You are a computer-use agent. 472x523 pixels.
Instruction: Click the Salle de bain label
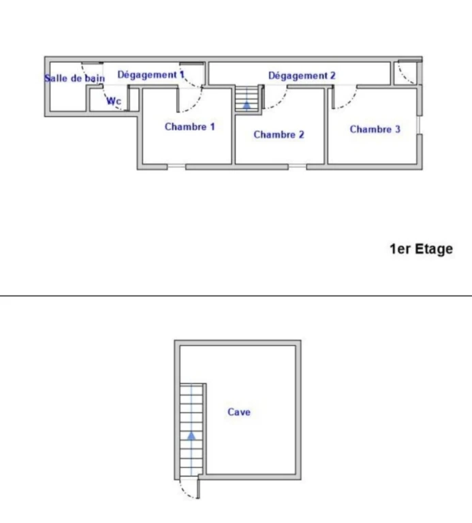click(75, 78)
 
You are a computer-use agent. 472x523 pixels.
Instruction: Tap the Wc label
click(114, 101)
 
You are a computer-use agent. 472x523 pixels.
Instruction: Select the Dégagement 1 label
click(151, 75)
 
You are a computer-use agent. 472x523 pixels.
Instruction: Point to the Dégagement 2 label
click(302, 76)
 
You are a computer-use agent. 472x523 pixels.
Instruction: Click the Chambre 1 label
click(190, 127)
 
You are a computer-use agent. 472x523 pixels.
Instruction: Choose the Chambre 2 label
click(279, 134)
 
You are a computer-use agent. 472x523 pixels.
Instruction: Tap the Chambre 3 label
click(375, 129)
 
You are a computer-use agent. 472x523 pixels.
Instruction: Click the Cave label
click(239, 412)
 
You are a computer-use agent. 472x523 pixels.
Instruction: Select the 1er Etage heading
click(422, 249)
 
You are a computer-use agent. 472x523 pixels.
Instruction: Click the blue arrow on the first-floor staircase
click(247, 106)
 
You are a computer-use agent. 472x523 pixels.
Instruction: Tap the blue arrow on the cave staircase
click(191, 437)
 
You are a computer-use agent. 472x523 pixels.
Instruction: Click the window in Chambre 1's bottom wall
click(176, 166)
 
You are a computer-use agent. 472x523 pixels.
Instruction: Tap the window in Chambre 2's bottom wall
click(297, 166)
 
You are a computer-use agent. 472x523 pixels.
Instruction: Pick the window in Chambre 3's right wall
click(420, 125)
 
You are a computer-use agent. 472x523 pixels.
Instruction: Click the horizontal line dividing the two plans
click(236, 296)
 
